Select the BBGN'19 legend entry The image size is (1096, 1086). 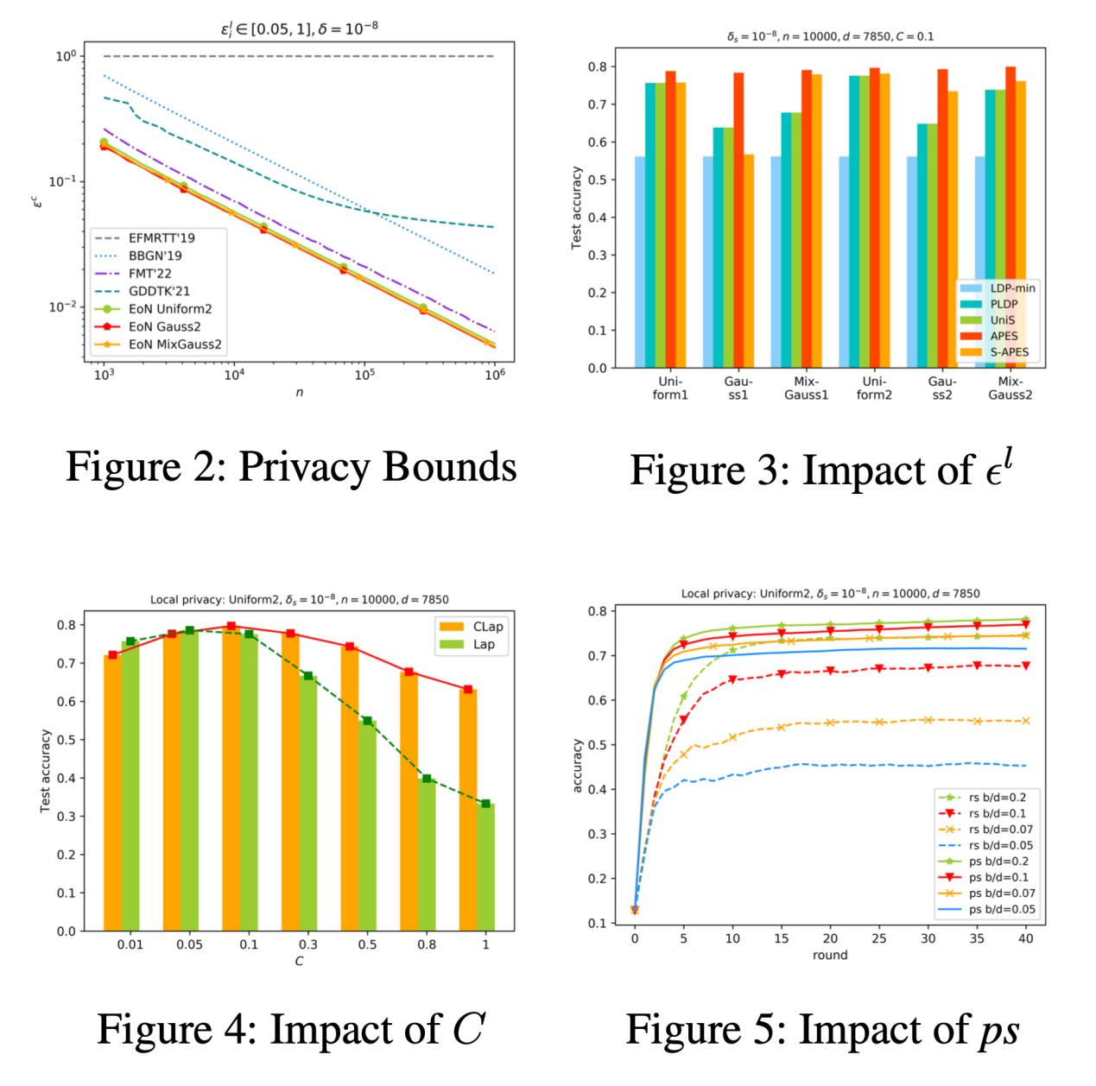point(155,256)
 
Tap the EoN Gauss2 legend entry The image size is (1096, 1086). point(164,326)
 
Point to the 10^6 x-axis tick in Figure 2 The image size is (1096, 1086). point(494,375)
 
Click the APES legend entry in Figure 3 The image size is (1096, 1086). point(1004,336)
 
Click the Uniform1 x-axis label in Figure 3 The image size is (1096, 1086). point(670,388)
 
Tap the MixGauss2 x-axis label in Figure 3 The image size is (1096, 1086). point(1010,388)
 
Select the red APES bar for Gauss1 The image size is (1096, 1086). point(738,220)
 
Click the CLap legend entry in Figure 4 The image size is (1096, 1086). point(487,627)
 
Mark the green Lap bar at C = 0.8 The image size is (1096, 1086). point(427,855)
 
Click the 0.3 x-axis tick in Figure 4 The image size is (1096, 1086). point(308,944)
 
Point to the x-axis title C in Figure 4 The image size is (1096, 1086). point(299,961)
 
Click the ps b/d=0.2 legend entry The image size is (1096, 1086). point(998,861)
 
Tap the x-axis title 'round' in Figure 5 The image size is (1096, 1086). point(830,955)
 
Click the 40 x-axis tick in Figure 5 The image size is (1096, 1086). point(1026,938)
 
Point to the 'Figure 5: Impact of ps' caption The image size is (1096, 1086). point(822,1030)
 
